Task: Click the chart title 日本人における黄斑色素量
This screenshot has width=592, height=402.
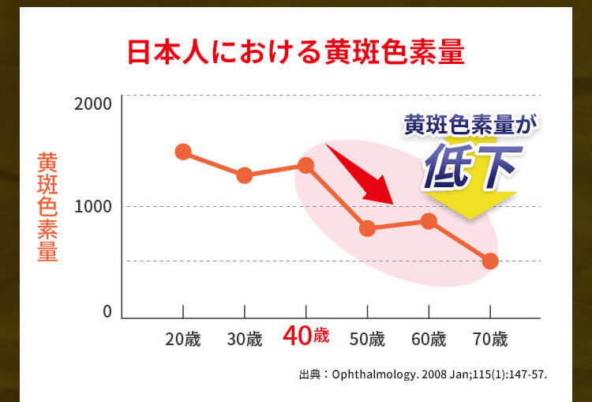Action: click(x=296, y=53)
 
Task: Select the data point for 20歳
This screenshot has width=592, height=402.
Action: click(x=183, y=152)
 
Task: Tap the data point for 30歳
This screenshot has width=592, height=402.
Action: click(x=245, y=175)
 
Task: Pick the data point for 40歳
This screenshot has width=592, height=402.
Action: click(x=305, y=165)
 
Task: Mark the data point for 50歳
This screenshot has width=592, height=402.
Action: click(x=367, y=228)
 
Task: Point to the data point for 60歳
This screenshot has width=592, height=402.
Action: click(x=429, y=221)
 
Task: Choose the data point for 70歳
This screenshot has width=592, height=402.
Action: click(x=490, y=261)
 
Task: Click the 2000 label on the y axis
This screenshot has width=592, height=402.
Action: click(x=93, y=104)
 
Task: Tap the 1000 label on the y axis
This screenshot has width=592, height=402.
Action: click(x=93, y=207)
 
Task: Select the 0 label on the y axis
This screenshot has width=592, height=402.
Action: click(x=107, y=312)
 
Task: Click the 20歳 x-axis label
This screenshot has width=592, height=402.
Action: click(x=183, y=340)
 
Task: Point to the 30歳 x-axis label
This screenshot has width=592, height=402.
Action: click(x=245, y=340)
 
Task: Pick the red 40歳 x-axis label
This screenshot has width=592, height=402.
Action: click(x=306, y=336)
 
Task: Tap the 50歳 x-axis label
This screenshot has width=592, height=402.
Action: click(x=367, y=340)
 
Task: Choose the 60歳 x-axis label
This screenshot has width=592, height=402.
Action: click(x=429, y=340)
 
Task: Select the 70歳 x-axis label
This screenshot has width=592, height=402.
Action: click(x=490, y=340)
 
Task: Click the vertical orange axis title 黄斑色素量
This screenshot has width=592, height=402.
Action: click(x=47, y=207)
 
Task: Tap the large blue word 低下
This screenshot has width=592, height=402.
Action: click(x=473, y=166)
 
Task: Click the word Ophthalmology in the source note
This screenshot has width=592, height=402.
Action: click(x=375, y=375)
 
